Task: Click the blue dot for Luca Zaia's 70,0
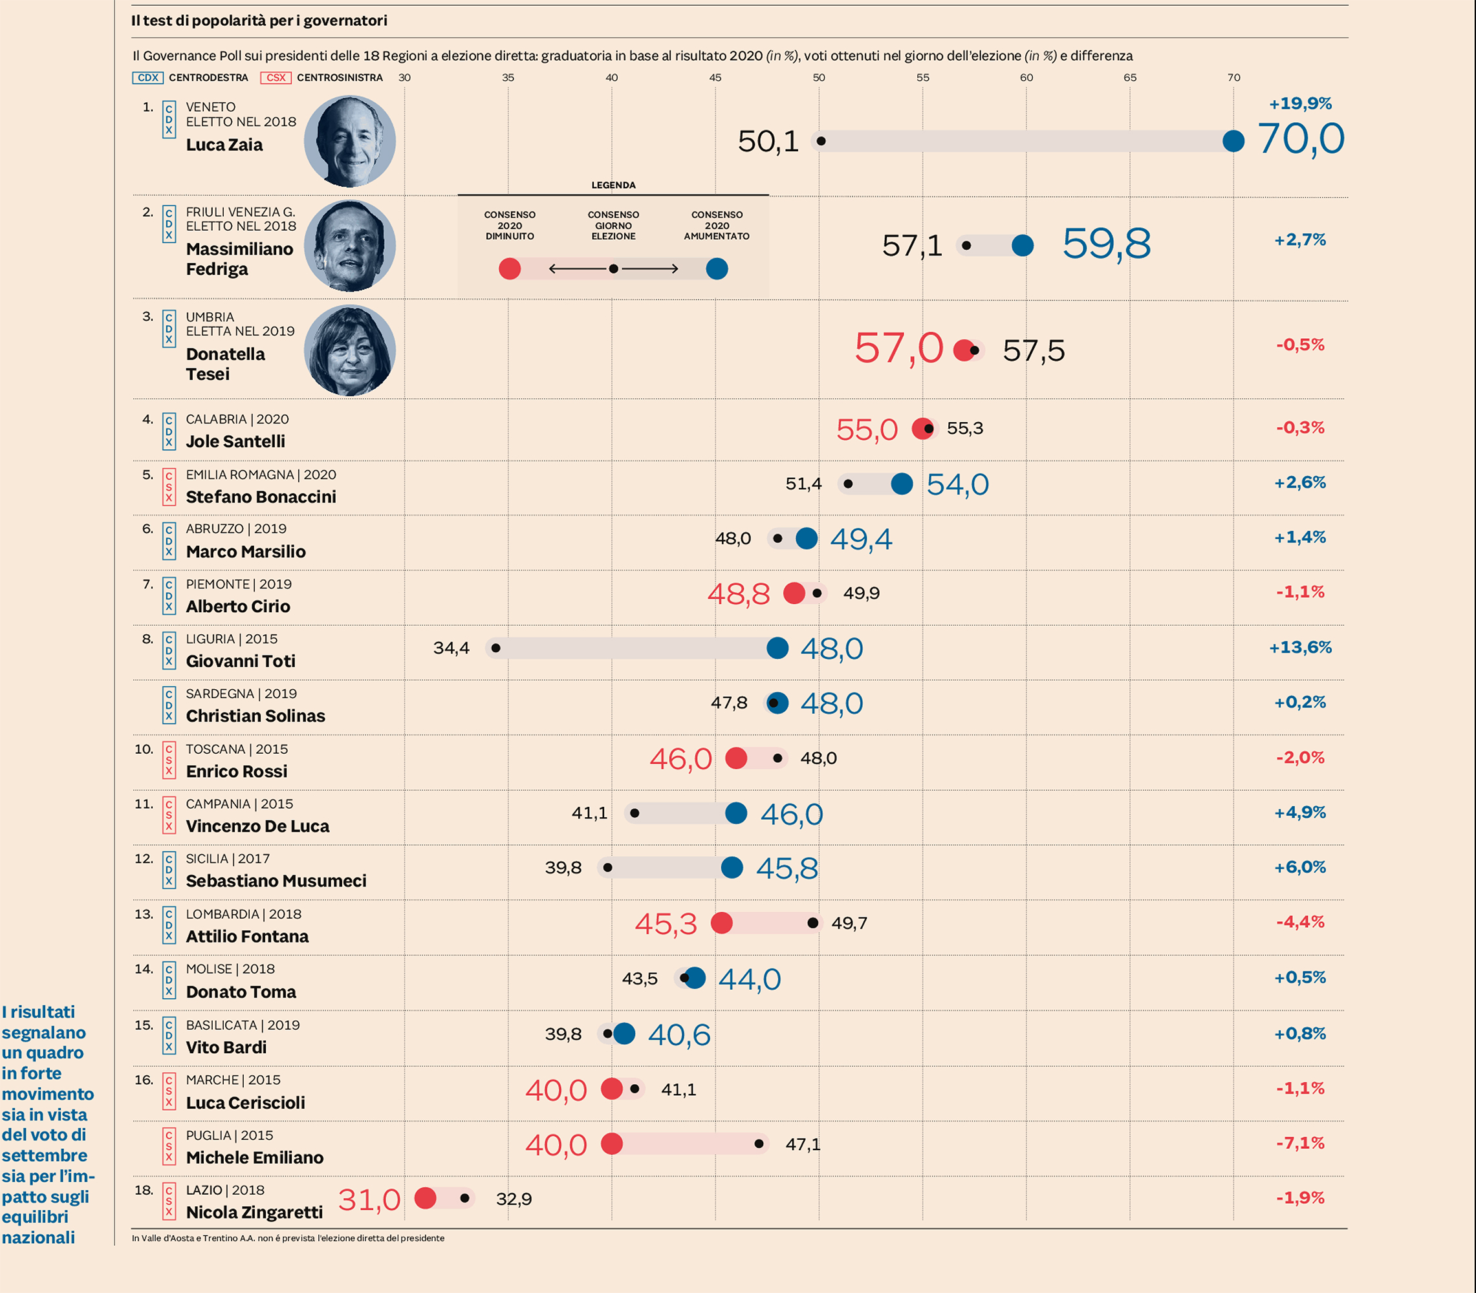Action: coord(1233,141)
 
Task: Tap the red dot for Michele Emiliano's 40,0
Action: coord(611,1144)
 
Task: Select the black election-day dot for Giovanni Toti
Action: coord(496,648)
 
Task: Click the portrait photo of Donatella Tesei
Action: coord(350,350)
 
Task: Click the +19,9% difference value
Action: coord(1300,103)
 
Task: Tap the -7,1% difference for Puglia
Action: coord(1300,1143)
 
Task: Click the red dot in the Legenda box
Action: coord(510,269)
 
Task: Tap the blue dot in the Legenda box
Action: coord(717,269)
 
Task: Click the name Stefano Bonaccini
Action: coord(261,497)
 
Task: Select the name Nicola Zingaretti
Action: coord(254,1212)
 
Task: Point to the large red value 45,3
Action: coord(666,924)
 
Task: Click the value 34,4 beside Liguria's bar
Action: coord(451,648)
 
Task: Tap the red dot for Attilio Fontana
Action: coord(722,923)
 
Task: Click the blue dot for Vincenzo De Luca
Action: coord(736,813)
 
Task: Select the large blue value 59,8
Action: coord(1107,243)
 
